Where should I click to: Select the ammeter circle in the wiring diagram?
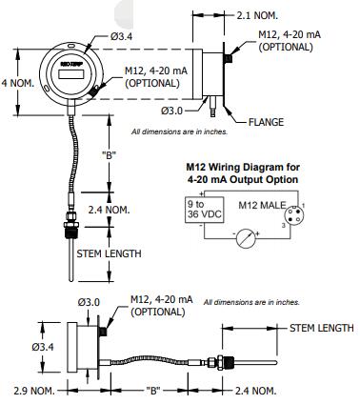pyautogui.click(x=245, y=238)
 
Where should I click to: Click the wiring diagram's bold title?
pyautogui.click(x=242, y=172)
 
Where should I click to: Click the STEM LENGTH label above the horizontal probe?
pyautogui.click(x=321, y=327)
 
